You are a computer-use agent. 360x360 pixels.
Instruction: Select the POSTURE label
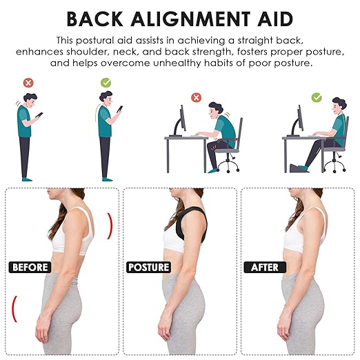(148, 267)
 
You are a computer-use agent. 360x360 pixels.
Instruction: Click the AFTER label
(264, 267)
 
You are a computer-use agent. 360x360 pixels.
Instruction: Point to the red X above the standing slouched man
(28, 83)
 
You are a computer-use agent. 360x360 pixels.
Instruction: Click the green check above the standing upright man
(106, 83)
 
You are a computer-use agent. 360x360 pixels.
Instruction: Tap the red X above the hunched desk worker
(196, 98)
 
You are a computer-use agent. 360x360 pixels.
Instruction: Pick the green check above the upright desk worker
(317, 98)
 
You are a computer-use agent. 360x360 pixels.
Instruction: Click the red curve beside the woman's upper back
(109, 226)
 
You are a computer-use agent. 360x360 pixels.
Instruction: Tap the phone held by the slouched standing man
(39, 115)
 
